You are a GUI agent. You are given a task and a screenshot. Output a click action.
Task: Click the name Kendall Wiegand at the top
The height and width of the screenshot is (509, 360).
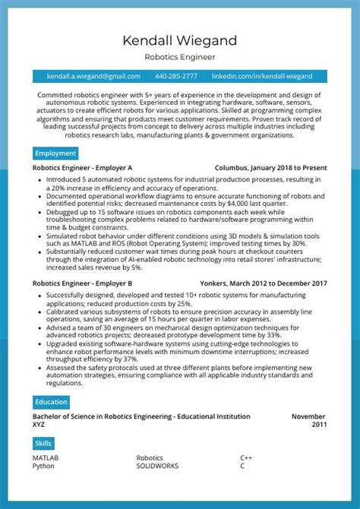tap(180, 40)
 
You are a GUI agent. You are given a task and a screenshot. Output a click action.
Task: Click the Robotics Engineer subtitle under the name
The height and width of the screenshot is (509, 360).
tap(180, 57)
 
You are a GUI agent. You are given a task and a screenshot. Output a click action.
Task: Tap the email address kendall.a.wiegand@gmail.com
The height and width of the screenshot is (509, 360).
tap(93, 77)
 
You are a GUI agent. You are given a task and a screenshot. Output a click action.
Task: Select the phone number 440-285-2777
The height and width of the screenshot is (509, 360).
tap(175, 77)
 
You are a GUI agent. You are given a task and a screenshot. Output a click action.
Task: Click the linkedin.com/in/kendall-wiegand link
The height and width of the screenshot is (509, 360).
tap(261, 77)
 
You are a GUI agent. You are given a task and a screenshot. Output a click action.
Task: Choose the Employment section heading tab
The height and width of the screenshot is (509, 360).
tap(55, 153)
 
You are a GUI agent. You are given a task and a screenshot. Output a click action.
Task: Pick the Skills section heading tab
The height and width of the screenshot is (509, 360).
tap(44, 443)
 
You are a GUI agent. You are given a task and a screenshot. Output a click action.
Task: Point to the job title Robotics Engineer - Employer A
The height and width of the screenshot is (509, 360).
tap(83, 168)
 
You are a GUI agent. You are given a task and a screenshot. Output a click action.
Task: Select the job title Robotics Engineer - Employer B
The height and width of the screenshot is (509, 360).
tap(83, 283)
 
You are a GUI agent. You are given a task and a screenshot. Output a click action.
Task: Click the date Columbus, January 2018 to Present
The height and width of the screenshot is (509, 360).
tap(271, 168)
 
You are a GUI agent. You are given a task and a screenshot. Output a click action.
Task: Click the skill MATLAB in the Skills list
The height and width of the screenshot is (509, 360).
tap(46, 458)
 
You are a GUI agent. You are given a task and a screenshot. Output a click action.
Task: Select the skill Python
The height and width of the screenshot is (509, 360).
tap(43, 466)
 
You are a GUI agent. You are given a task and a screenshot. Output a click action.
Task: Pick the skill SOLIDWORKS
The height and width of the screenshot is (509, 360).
tap(158, 466)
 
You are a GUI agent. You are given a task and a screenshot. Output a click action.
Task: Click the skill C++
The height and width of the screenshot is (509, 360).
tap(246, 458)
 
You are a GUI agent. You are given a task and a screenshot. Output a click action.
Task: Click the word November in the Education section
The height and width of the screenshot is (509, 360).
tap(308, 416)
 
